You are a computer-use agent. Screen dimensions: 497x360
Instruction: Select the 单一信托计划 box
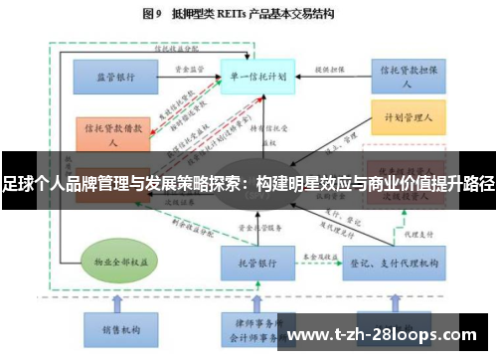[252, 76]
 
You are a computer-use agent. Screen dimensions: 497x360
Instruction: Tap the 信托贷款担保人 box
[406, 76]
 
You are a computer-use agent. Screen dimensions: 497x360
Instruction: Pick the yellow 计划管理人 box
[406, 117]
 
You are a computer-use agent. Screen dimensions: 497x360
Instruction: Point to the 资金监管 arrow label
[188, 70]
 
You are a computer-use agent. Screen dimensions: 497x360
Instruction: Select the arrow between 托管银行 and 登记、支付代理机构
[312, 265]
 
